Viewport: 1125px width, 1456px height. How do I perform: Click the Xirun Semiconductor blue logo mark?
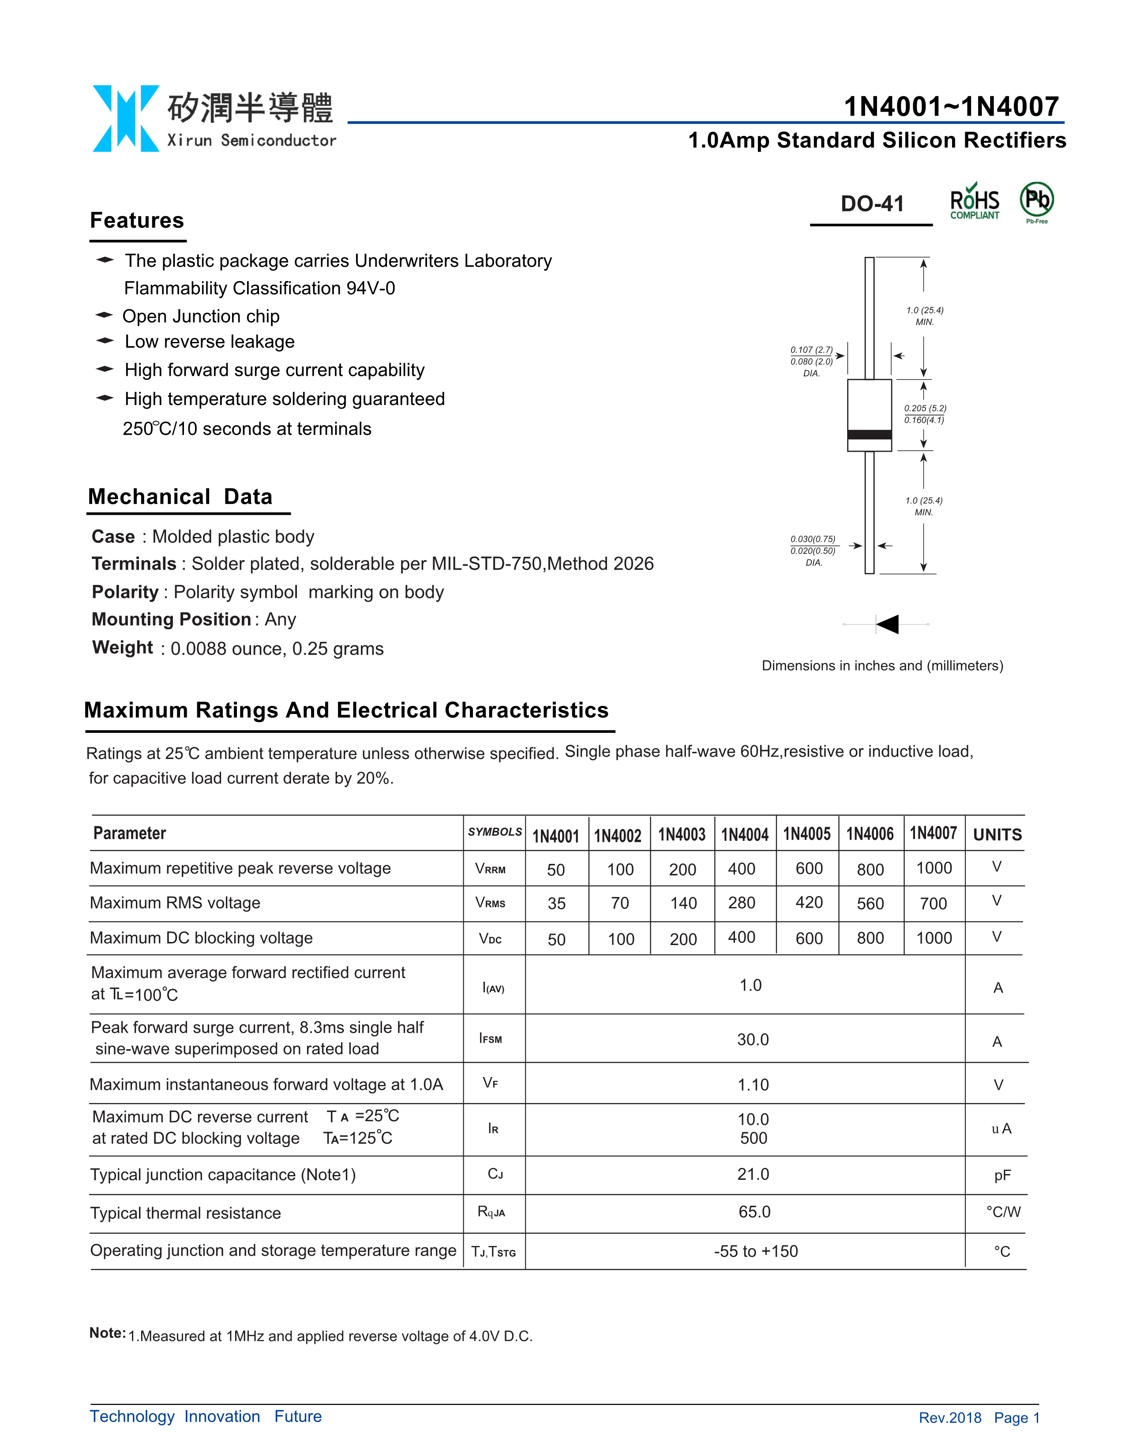[x=125, y=119]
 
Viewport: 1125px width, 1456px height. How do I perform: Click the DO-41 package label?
[x=872, y=204]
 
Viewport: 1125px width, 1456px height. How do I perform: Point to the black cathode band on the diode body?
[x=869, y=435]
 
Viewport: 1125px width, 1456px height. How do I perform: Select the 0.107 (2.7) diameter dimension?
[x=811, y=350]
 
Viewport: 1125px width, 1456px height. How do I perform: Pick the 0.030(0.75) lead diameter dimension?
[x=812, y=539]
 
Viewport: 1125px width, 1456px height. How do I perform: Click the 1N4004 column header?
[x=744, y=835]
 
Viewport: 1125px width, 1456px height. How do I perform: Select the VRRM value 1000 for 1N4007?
[x=934, y=868]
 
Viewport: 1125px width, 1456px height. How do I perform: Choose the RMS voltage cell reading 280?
[x=741, y=903]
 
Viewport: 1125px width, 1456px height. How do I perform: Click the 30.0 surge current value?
[x=753, y=1039]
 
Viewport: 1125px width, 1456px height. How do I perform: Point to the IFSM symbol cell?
[x=491, y=1039]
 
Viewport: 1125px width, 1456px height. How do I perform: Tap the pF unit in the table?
[x=1002, y=1175]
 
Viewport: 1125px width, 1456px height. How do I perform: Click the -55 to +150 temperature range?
[x=756, y=1251]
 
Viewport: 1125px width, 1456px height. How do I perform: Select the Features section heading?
[x=137, y=221]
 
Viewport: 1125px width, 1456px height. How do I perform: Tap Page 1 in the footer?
[x=1016, y=1418]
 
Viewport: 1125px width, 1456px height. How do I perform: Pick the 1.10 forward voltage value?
[x=753, y=1084]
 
